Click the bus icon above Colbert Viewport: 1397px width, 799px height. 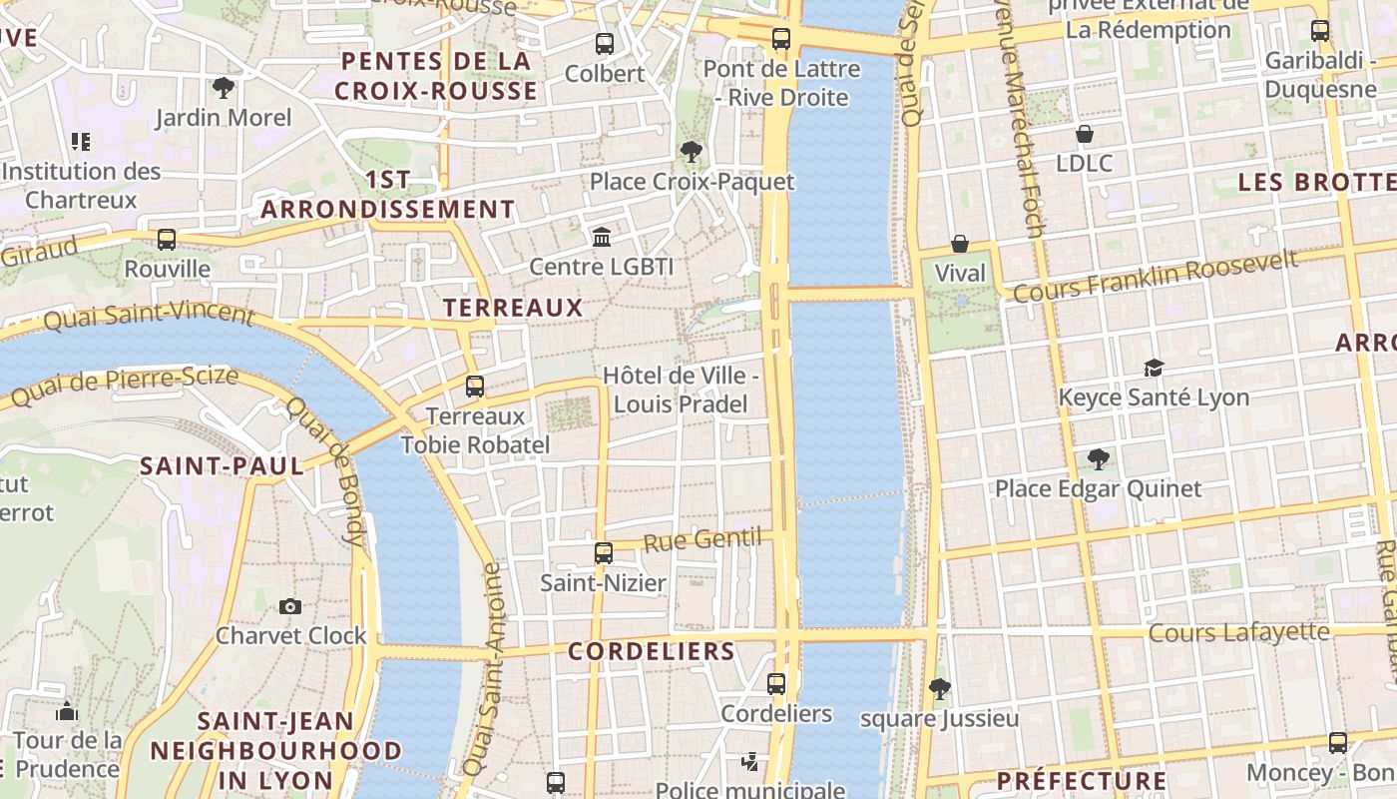605,44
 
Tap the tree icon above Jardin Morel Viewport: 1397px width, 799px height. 224,88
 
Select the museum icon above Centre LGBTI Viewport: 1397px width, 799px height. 602,237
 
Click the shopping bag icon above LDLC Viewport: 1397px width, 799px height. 1085,134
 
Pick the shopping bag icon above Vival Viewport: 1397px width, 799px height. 960,244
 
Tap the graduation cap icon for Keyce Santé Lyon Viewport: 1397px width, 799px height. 1154,368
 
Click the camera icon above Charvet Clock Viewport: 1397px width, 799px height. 290,606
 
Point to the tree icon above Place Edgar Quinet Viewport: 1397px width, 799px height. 1099,459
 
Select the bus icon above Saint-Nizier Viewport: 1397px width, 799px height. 603,553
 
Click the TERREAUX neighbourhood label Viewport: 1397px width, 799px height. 513,308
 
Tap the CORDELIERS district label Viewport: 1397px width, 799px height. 652,651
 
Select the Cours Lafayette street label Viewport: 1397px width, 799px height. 1238,632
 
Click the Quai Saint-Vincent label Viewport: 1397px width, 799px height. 150,315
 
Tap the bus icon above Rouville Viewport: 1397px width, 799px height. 167,240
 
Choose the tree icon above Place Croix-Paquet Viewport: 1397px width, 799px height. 691,152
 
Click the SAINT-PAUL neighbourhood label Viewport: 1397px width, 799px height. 222,465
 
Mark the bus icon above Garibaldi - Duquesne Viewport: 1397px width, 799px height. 1320,31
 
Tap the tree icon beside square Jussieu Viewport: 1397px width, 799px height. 939,688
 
